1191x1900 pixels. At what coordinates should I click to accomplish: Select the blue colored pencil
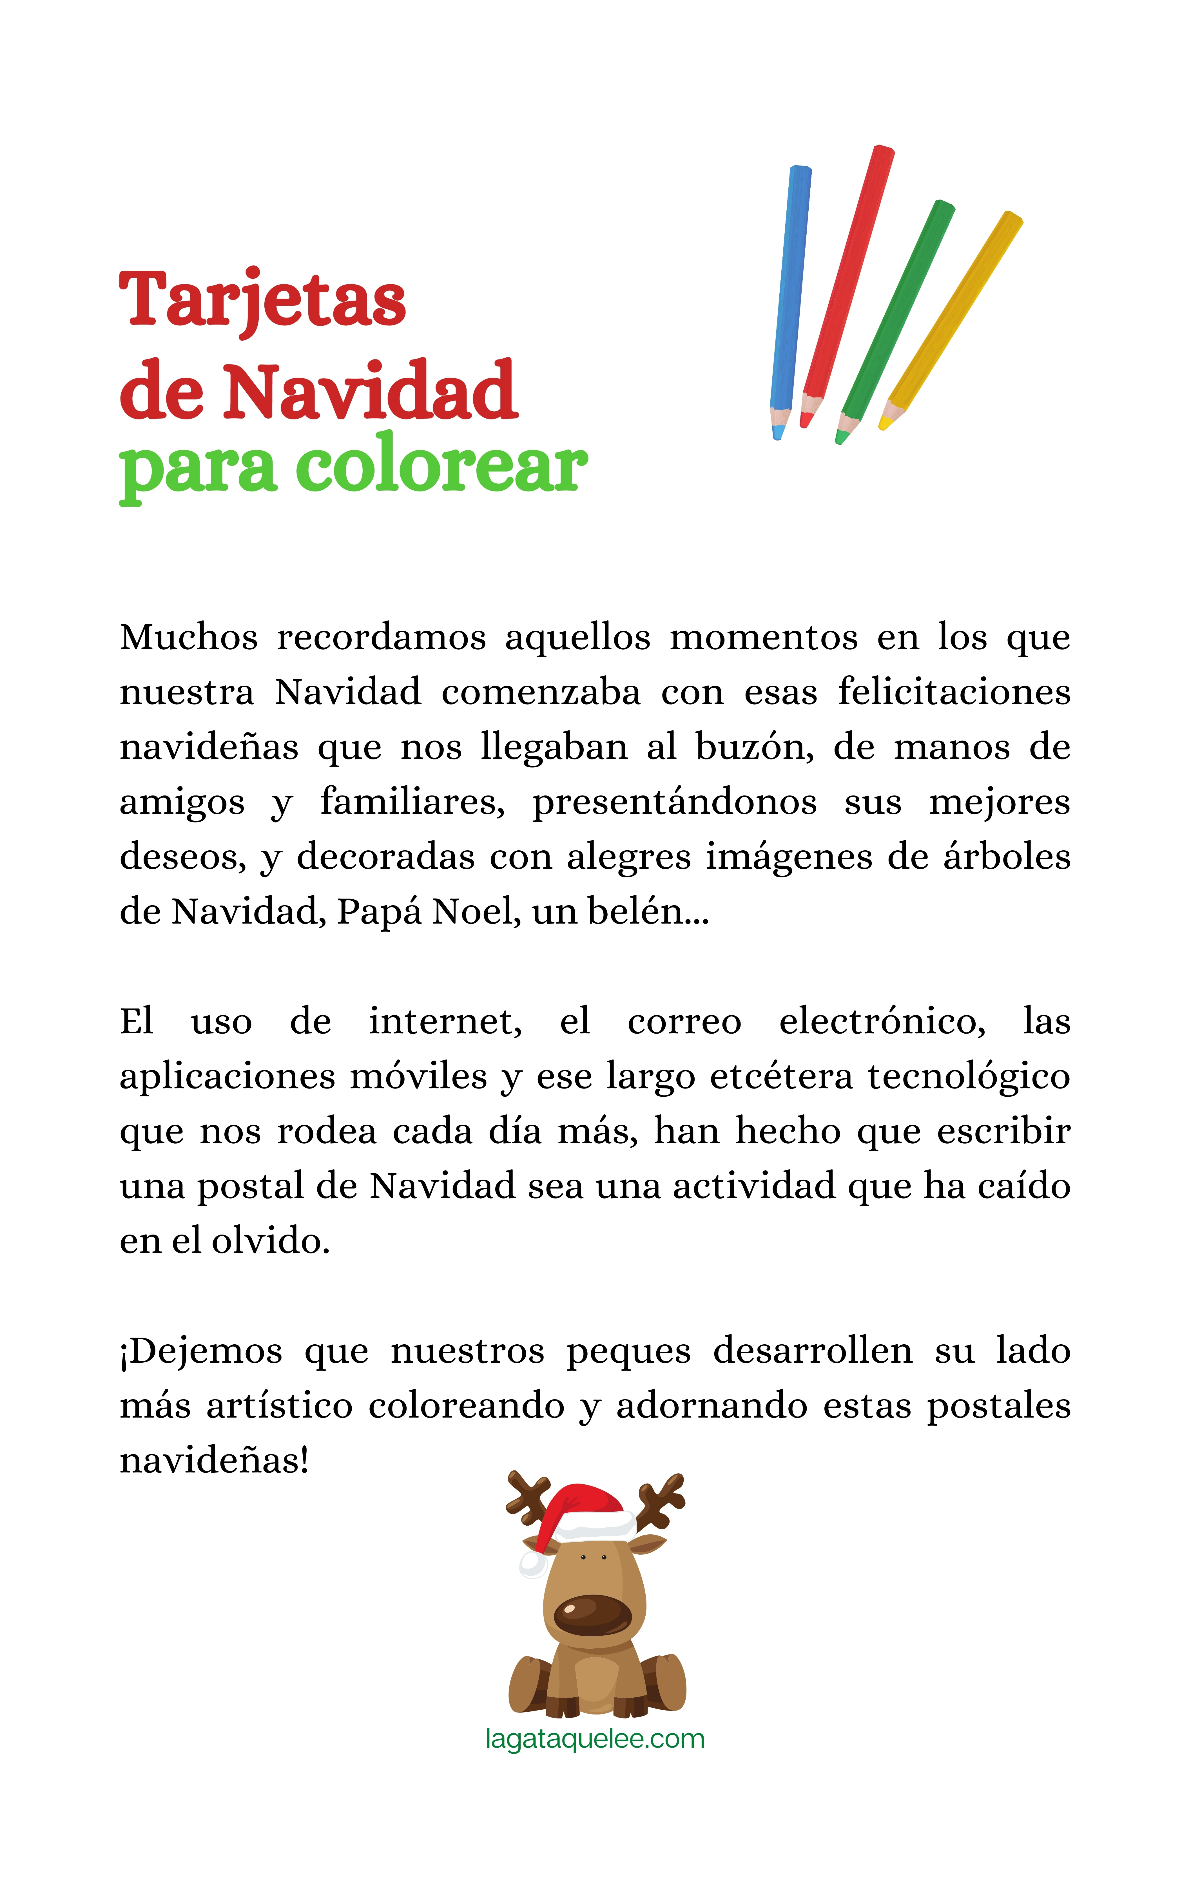pos(790,299)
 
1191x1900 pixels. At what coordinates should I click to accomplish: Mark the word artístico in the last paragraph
pos(280,1406)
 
